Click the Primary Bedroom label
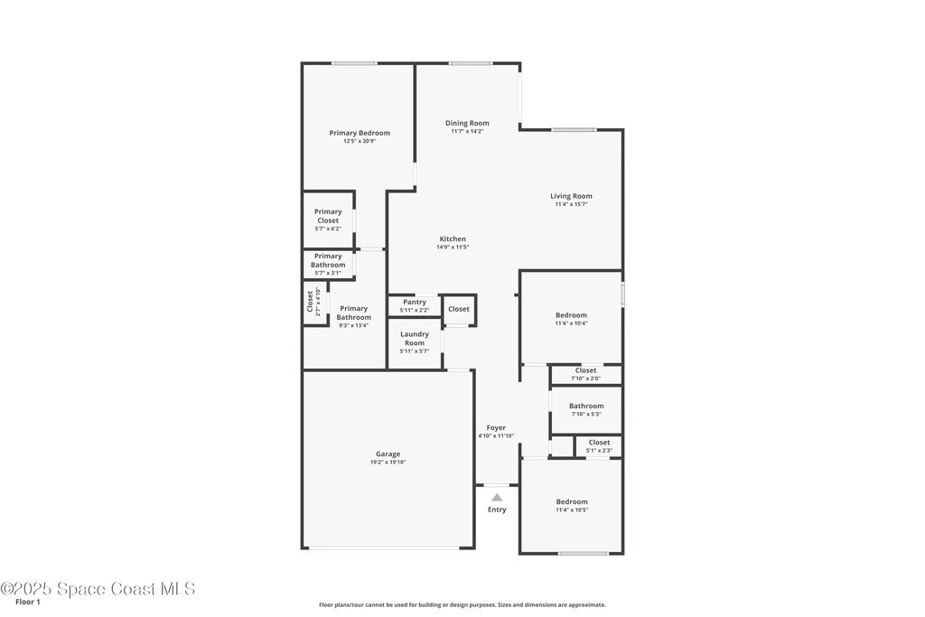tap(360, 133)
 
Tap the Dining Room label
tap(467, 123)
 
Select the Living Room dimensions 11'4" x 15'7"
tap(571, 204)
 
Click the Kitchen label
tap(453, 238)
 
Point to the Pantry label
tap(415, 302)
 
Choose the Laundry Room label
tap(415, 338)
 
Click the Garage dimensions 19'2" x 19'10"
tap(388, 462)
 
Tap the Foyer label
tap(496, 427)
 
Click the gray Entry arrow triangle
tap(498, 497)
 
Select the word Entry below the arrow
tap(497, 509)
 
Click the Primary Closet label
tap(328, 216)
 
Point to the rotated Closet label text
tap(310, 302)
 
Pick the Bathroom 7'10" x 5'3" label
tap(586, 409)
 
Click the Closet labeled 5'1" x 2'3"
tap(599, 446)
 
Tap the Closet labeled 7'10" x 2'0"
tap(585, 374)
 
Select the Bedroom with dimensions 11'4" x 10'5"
tap(572, 506)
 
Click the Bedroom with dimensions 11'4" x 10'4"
tap(571, 319)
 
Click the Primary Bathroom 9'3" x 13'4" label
tap(354, 317)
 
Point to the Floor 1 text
tap(28, 602)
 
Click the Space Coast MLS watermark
tap(98, 589)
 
